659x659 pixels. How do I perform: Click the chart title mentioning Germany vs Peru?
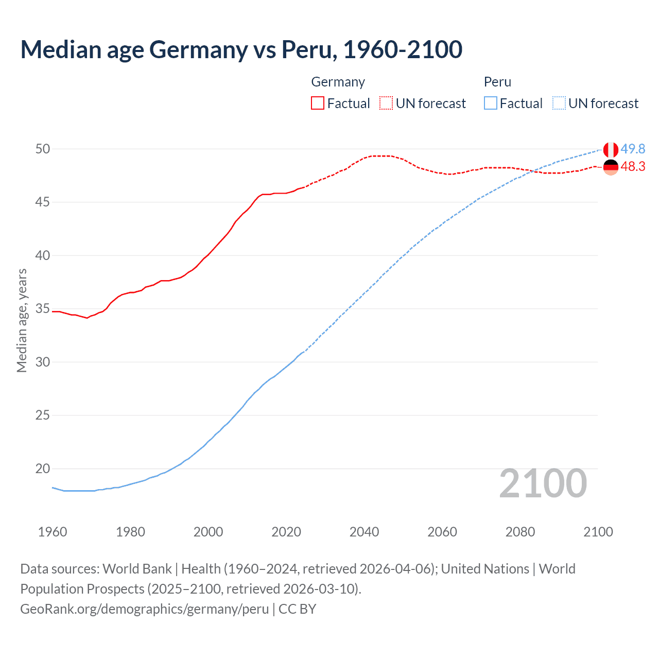pos(241,49)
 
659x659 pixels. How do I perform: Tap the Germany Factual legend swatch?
pos(318,103)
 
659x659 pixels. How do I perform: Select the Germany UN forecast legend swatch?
pos(386,103)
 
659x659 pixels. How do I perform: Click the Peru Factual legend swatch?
pos(490,103)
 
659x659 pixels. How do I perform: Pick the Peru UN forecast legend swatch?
pos(559,103)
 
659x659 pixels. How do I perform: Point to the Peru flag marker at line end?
pos(610,150)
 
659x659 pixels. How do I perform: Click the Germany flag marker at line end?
pos(610,167)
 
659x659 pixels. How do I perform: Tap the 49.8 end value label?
pos(633,149)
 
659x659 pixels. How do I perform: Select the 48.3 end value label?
pos(633,166)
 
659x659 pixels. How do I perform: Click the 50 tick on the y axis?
pos(42,149)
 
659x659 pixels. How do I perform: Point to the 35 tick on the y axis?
pos(42,309)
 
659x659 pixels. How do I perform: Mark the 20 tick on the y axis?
pos(42,469)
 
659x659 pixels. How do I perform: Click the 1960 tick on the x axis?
pos(53,532)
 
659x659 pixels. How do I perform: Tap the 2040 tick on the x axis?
pos(364,532)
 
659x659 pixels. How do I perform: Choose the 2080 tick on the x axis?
pos(520,532)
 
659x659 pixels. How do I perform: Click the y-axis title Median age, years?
pos(22,320)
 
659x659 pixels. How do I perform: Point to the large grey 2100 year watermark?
pos(543,483)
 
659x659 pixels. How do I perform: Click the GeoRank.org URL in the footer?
pos(144,609)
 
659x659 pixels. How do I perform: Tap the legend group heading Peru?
pos(497,82)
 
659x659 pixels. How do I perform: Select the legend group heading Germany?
pos(338,82)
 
